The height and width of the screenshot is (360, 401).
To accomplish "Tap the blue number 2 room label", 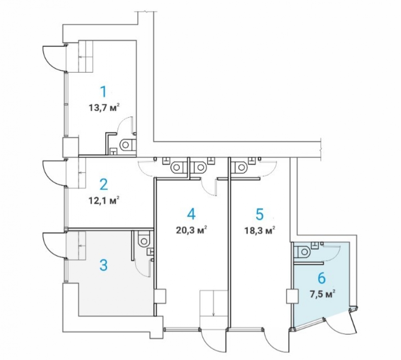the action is [103, 184].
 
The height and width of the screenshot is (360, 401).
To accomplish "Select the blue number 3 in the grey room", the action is [103, 265].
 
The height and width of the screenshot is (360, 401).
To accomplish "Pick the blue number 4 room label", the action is [191, 214].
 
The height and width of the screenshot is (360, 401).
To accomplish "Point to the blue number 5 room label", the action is [259, 214].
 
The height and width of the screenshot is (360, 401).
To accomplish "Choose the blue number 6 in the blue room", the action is [322, 278].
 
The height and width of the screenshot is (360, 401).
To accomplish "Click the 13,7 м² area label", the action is [104, 108].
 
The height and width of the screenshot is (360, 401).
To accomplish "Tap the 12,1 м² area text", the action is [104, 200].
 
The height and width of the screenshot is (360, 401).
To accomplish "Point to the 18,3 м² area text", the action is [259, 230].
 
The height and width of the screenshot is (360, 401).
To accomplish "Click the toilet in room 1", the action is [128, 144].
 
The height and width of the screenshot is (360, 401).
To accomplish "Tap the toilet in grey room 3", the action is [143, 238].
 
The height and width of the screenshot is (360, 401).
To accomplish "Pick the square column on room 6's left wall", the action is [292, 296].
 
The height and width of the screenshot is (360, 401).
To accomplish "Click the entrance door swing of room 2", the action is [54, 173].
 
